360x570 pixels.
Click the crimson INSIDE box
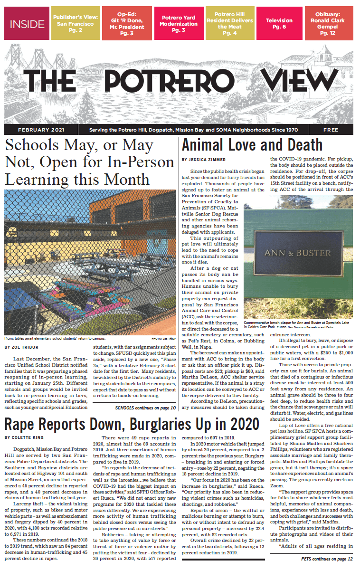pos(27,24)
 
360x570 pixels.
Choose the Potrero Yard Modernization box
pos(178,24)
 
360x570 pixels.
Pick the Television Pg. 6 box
pos(279,24)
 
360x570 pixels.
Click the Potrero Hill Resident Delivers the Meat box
pos(229,24)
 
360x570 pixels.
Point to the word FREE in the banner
pos(331,130)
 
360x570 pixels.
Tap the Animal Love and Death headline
pos(252,145)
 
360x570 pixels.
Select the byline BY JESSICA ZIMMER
pos(204,159)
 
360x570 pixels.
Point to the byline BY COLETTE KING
pos(28,437)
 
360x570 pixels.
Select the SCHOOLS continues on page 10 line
pos(145,408)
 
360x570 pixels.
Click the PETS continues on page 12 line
pos(327,559)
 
